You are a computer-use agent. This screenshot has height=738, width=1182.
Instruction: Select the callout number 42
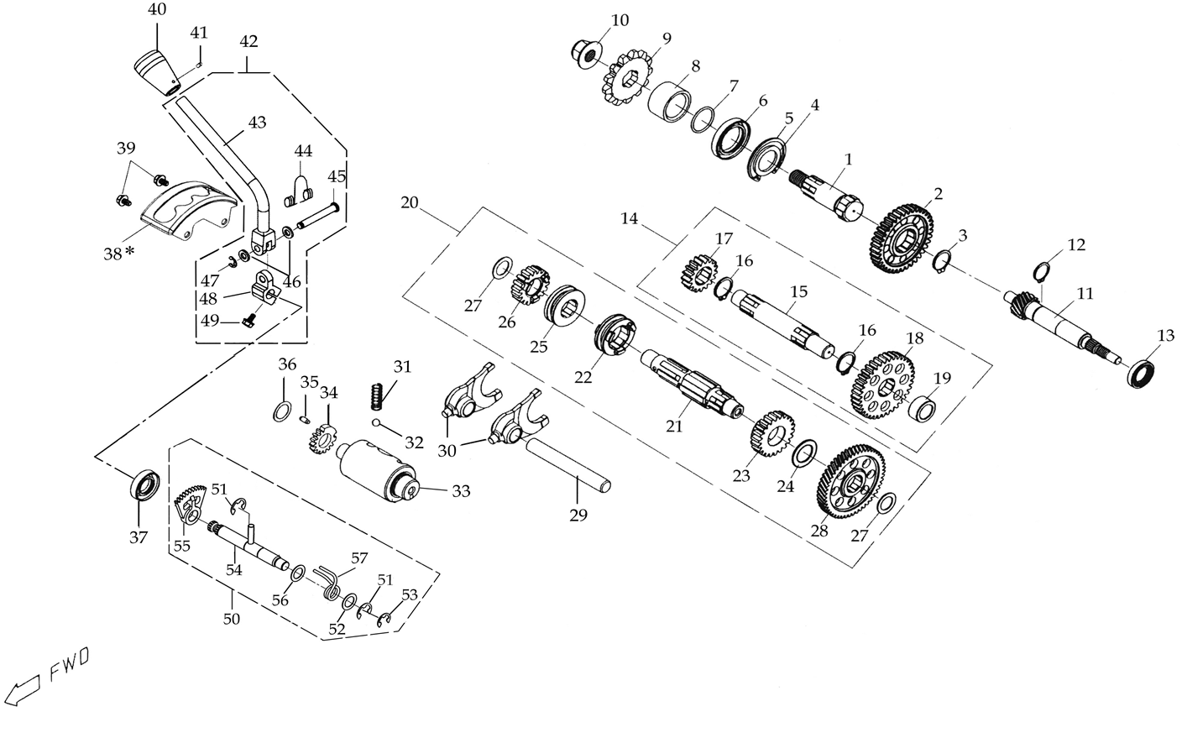pyautogui.click(x=248, y=41)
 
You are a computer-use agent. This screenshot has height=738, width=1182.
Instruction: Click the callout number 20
pyautogui.click(x=410, y=202)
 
